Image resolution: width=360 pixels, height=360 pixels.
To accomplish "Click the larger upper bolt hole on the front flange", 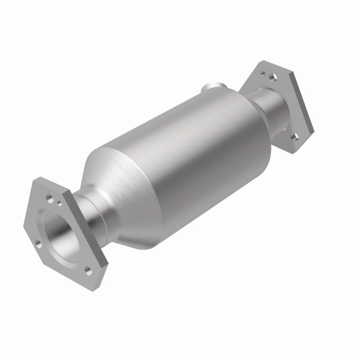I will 49,198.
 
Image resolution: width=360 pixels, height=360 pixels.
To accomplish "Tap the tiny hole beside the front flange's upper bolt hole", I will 59,203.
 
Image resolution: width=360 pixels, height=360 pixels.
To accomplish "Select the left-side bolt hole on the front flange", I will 37,244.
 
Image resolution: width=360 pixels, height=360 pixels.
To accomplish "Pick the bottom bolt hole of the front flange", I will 89,271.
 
